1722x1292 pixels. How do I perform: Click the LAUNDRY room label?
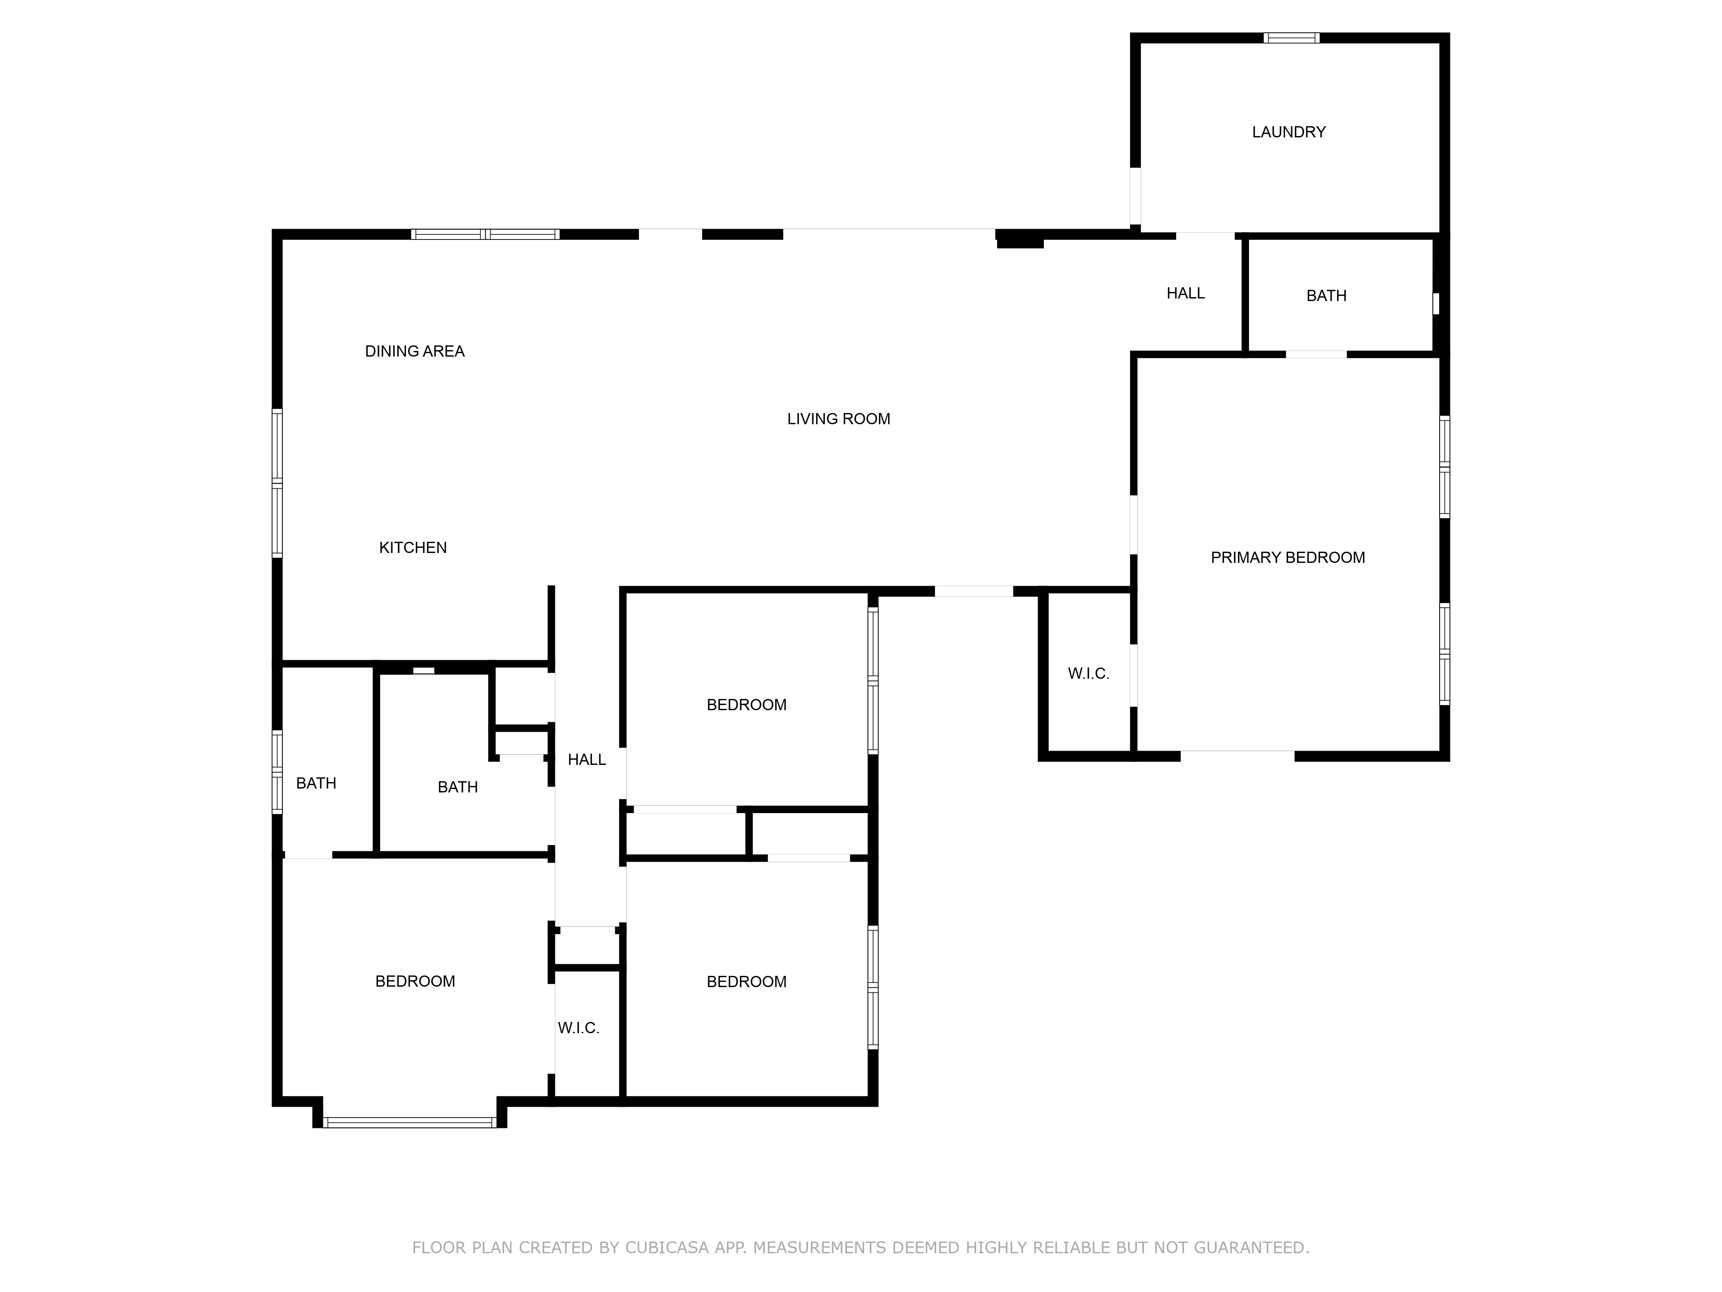1288,132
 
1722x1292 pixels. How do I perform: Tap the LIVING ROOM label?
839,419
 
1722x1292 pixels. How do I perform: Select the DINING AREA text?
415,351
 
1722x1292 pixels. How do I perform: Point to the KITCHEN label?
412,547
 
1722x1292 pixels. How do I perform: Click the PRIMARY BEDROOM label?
1288,558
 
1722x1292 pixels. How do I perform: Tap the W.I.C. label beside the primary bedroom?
1088,674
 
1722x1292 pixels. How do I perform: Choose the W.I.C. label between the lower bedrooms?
579,1028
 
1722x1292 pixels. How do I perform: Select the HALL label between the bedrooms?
587,759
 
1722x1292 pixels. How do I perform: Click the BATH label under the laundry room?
1326,296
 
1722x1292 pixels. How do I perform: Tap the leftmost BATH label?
316,783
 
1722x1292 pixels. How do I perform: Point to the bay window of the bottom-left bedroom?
409,1122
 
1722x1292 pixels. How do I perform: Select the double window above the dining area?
485,233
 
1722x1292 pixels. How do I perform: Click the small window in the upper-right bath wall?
1436,303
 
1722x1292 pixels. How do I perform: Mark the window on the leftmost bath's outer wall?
276,772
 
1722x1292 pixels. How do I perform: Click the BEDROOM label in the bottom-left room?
415,981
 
